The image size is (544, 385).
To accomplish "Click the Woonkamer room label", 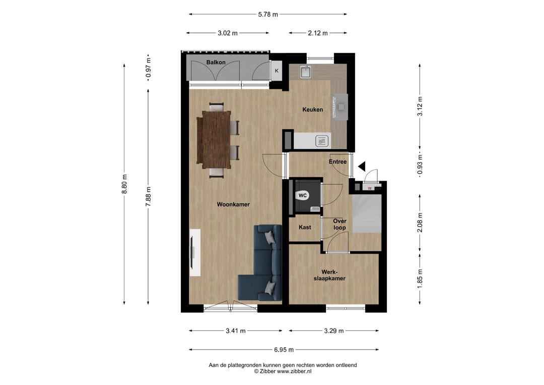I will click(233, 204).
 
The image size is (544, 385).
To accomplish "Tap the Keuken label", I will click(312, 109).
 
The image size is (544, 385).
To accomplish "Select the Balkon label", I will click(216, 62).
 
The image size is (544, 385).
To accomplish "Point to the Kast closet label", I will click(305, 227).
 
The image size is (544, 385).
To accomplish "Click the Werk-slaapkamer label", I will click(329, 275).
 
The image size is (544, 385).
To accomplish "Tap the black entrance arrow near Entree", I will click(361, 167).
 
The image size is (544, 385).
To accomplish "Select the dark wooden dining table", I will click(214, 139).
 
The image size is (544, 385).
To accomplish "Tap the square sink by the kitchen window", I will click(306, 73).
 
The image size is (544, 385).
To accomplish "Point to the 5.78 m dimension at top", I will click(268, 15).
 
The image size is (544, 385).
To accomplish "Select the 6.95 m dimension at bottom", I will click(283, 349).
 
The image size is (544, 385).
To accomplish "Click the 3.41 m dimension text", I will click(235, 331).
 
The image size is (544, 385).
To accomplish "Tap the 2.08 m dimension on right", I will click(420, 222).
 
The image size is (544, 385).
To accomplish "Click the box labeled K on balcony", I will click(276, 71).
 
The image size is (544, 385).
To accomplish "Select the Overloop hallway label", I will click(339, 225).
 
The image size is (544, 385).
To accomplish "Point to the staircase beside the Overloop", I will click(366, 214).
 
